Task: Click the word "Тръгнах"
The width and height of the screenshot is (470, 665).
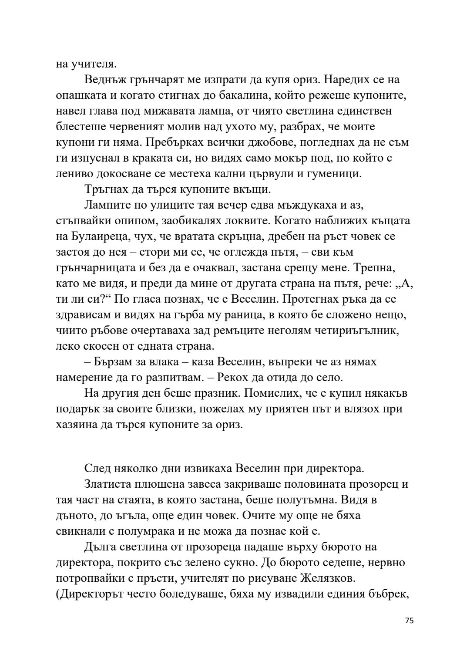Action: coord(107,189)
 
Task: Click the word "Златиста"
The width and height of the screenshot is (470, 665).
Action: coord(109,484)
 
